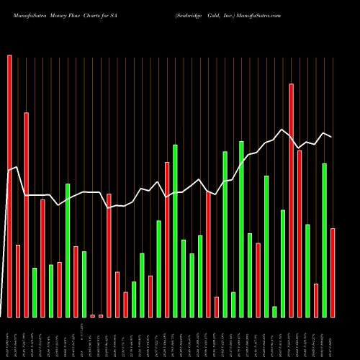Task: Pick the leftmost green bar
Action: point(35,292)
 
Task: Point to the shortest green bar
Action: point(274,311)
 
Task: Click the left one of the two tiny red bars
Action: point(92,315)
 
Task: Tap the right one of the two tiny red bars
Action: point(101,315)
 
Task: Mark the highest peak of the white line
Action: point(283,130)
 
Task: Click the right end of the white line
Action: point(332,137)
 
